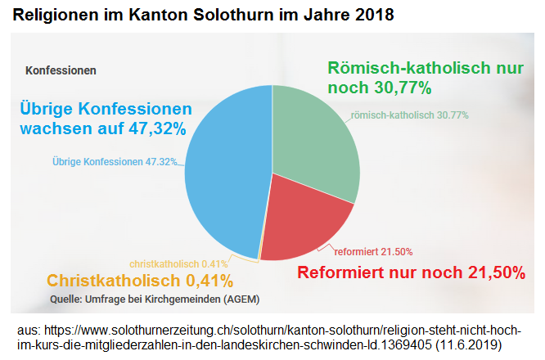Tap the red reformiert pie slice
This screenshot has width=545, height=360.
[307, 221]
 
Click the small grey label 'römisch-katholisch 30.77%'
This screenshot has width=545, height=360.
[410, 115]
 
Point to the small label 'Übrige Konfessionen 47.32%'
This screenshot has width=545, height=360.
[115, 161]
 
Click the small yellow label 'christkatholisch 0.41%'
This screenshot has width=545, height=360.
[178, 263]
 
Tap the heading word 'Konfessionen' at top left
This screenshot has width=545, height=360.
[61, 70]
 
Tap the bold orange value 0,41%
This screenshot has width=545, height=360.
[205, 280]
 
